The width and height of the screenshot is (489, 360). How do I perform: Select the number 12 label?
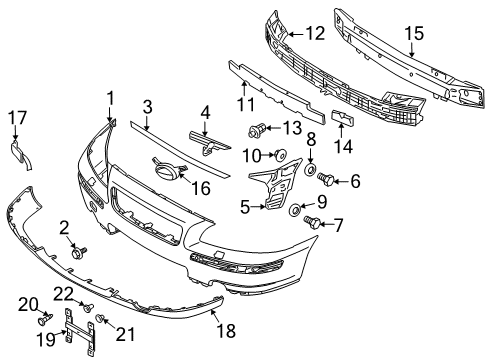pos(315,33)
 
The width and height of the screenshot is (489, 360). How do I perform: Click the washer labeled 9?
pos(296,212)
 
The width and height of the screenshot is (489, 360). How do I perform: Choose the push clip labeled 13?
pos(258,129)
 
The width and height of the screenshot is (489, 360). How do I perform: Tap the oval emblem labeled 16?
pos(165,171)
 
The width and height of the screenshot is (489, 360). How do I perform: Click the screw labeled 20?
pos(45,321)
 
